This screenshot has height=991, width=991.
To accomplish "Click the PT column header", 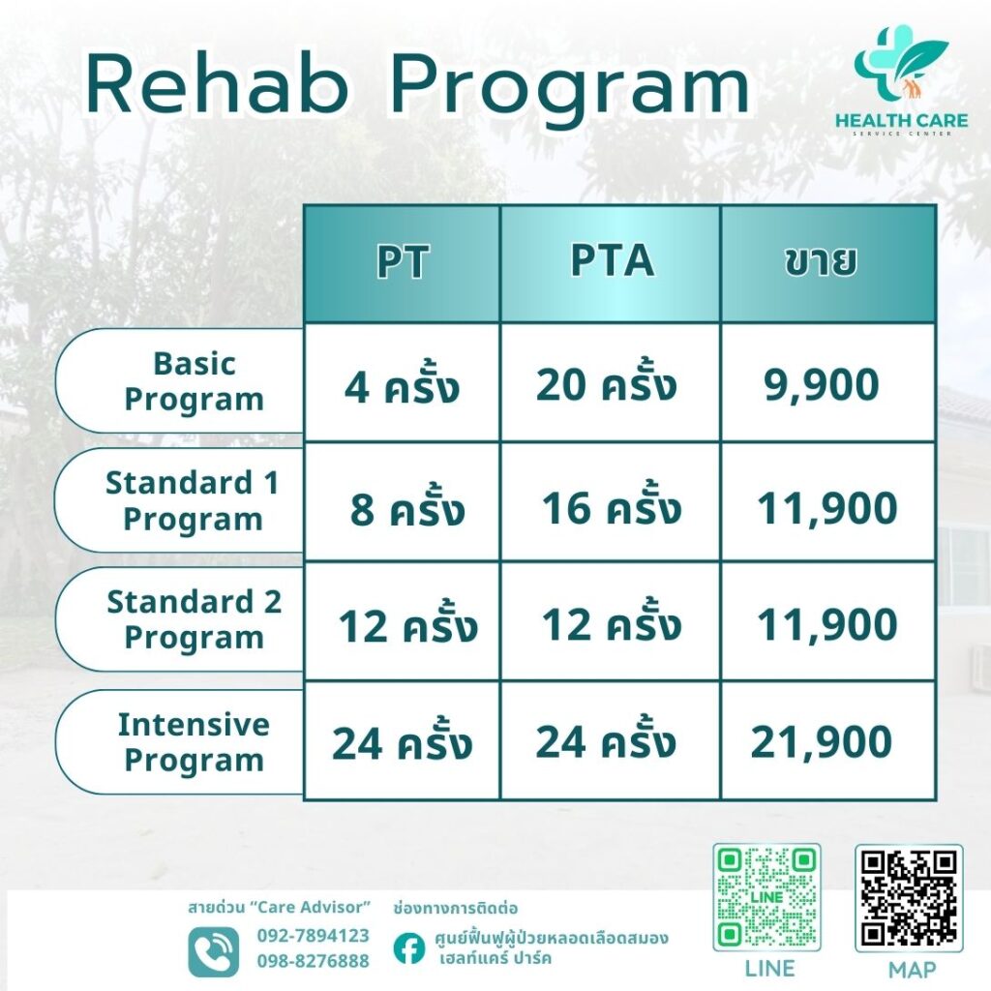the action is pos(403,262).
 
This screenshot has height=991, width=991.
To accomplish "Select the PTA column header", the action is pos(611,262).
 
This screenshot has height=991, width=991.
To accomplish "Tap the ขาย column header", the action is pos(828,262).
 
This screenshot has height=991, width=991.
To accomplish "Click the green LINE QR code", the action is pos(766,897).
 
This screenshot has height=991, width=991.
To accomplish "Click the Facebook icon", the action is pos(409,948).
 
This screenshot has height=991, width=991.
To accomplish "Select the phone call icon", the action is pos(214,951).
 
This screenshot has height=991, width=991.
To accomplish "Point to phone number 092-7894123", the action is pos(313,936).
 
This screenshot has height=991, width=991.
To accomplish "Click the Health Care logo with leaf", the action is pos(901,80).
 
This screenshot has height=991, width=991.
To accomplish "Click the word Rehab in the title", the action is pos(217,85).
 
